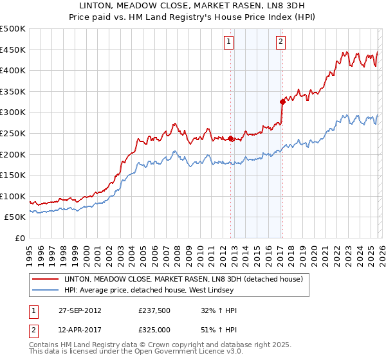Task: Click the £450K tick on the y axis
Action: [x=13, y=50]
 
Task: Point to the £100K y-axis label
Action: [x=13, y=196]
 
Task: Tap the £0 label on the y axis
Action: [x=19, y=238]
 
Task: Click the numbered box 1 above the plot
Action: [x=229, y=42]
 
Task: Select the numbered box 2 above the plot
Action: [x=281, y=42]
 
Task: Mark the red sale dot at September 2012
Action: [x=230, y=138]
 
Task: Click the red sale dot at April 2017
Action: [x=282, y=102]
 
